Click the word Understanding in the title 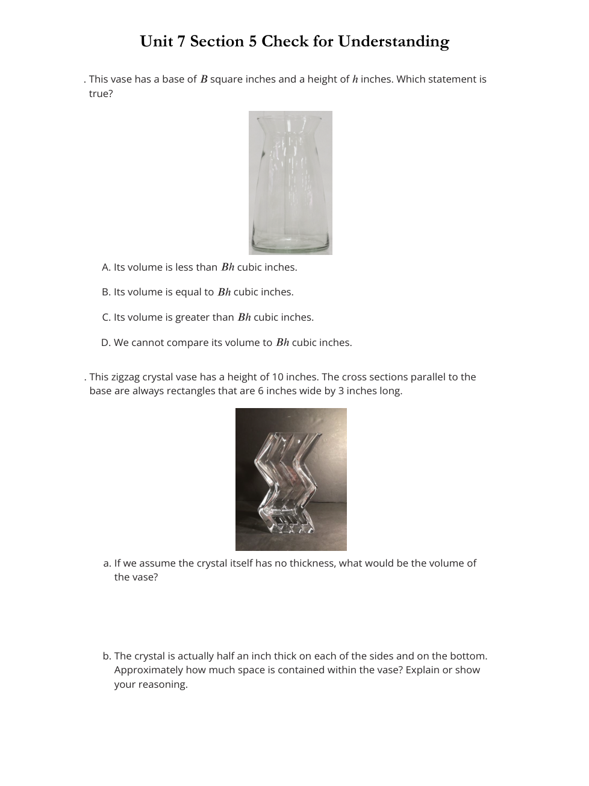(x=393, y=42)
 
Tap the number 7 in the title (x=180, y=42)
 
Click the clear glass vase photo (x=290, y=183)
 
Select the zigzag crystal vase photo (x=291, y=479)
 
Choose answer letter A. (x=106, y=267)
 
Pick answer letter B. (x=106, y=292)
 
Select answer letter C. (x=106, y=318)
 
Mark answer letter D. (x=106, y=343)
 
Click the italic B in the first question (x=204, y=79)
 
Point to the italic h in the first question (x=355, y=79)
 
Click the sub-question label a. (x=107, y=564)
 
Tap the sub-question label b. (x=107, y=656)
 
